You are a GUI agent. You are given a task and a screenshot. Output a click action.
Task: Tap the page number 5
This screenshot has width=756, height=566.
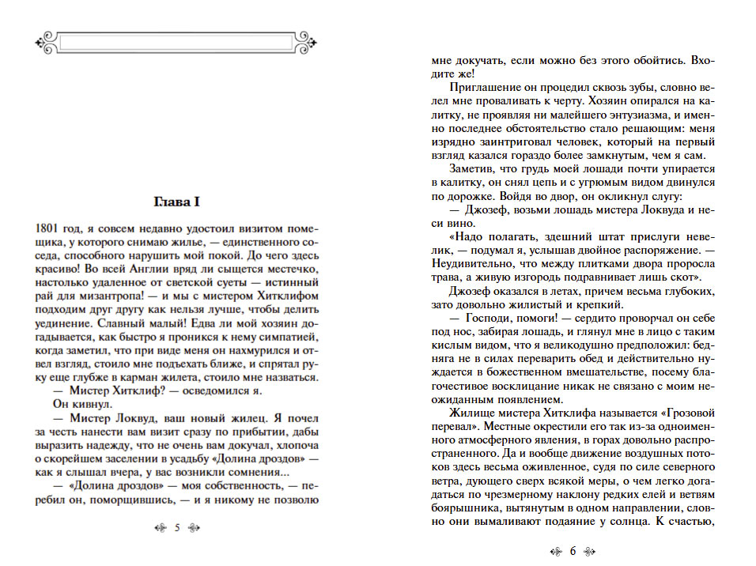point(177,528)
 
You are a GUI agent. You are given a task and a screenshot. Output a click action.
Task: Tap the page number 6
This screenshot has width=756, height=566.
point(573,552)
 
